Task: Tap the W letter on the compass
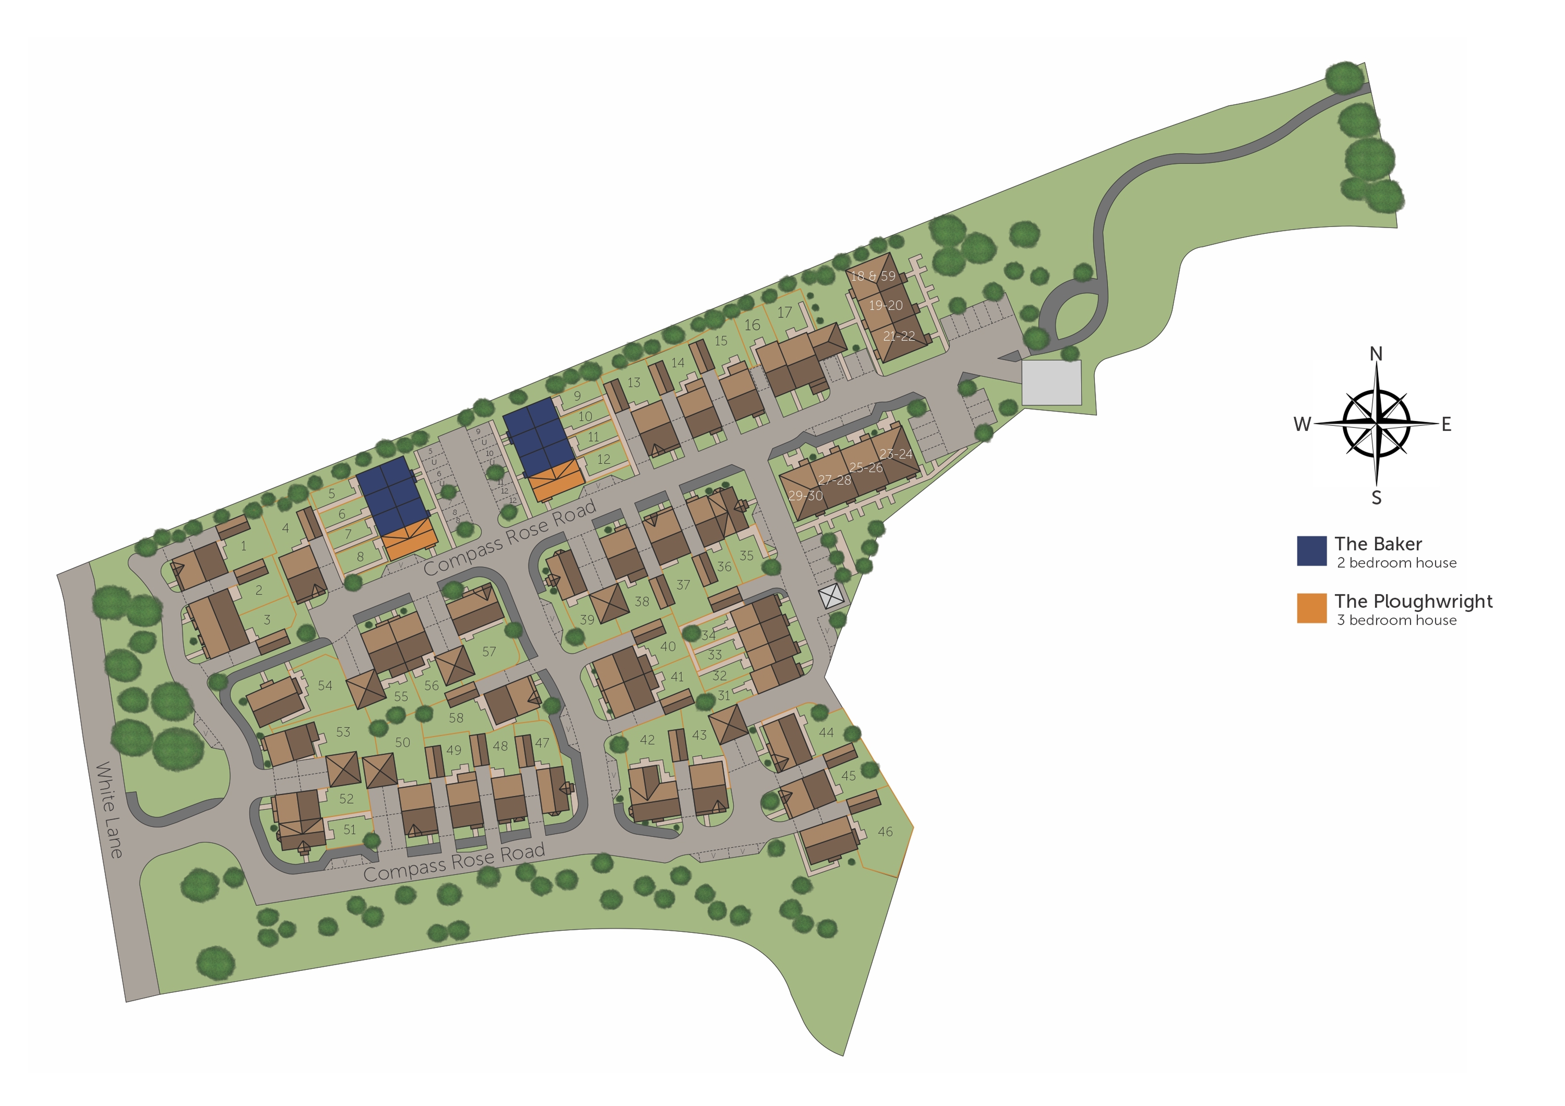coord(1302,424)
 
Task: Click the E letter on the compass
coord(1446,424)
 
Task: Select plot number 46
coord(885,831)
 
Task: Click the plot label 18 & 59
coord(873,276)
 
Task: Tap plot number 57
coord(489,652)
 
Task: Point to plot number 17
coord(785,312)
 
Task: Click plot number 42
coord(647,739)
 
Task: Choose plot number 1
coord(243,546)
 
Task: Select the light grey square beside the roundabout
coord(1051,382)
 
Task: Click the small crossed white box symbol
coord(831,598)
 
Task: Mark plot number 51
coord(349,829)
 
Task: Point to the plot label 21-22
coord(898,336)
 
